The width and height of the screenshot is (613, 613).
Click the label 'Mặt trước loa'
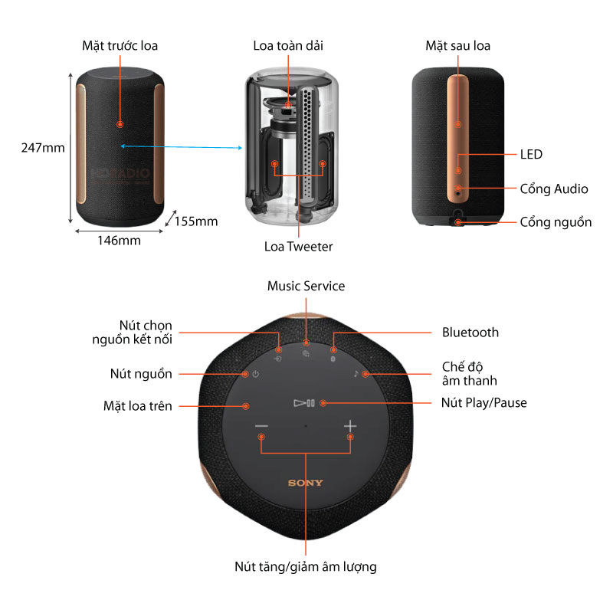click(x=120, y=46)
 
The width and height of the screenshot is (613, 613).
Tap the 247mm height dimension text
click(x=43, y=148)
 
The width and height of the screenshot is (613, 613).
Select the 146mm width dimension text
click(x=119, y=241)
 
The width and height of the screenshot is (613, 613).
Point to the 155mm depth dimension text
click(x=196, y=221)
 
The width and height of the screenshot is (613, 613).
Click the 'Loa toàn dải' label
click(x=288, y=46)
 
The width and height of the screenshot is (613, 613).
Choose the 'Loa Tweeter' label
click(x=298, y=246)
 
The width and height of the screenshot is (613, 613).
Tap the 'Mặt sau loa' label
click(x=458, y=46)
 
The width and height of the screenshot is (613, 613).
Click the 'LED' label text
click(x=530, y=155)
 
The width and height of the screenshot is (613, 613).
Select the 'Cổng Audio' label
click(x=554, y=188)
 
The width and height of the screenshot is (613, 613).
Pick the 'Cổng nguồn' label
click(x=556, y=222)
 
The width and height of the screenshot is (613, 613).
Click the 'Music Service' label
click(x=306, y=286)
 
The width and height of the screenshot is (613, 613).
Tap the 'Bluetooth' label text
click(x=470, y=333)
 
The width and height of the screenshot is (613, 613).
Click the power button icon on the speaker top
click(x=255, y=374)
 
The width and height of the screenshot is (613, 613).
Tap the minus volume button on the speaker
click(x=262, y=426)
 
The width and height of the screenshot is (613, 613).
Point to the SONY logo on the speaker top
click(x=305, y=483)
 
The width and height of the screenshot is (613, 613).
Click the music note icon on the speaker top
click(x=356, y=374)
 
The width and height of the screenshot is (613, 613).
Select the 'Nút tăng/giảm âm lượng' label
click(x=305, y=567)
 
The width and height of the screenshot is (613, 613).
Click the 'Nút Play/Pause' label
click(x=484, y=402)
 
